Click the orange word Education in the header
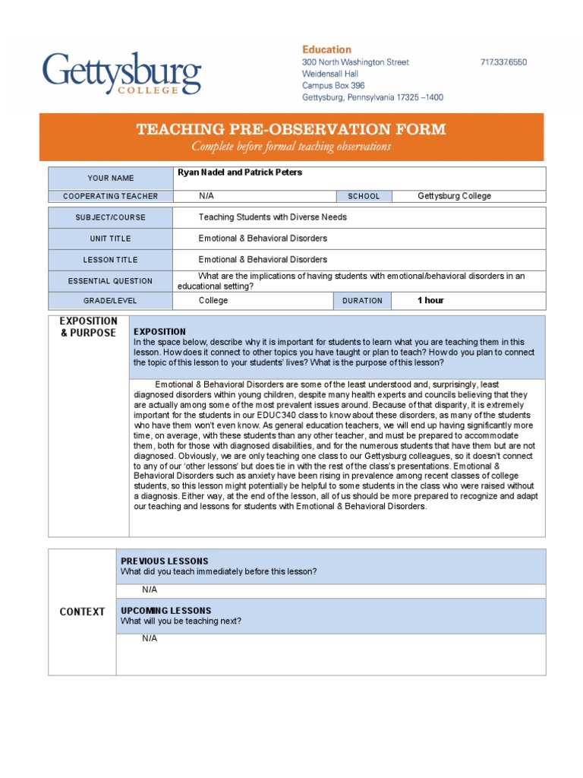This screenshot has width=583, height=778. point(326,49)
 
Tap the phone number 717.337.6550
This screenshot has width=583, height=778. point(503,62)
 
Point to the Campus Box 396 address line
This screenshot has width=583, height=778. point(333,86)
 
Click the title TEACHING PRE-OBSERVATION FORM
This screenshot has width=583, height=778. point(291,129)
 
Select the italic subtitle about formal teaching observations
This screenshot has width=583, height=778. point(291,147)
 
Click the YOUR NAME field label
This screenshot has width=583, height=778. point(110,178)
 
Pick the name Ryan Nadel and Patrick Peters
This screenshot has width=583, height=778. point(240,172)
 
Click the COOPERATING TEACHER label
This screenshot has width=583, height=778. point(110,196)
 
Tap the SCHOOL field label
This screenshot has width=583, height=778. point(364,196)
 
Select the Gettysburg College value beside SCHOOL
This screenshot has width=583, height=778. point(454,196)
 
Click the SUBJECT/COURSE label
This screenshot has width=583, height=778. point(110,217)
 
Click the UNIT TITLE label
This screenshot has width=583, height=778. point(110,239)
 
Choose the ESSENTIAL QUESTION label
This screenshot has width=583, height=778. point(110,281)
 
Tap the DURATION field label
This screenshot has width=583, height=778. point(362,301)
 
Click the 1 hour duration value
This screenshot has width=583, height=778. point(430,301)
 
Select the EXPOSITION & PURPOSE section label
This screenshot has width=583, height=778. point(89,327)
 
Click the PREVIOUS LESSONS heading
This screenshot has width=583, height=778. point(164,561)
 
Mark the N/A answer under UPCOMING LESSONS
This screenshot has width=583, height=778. point(150,638)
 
